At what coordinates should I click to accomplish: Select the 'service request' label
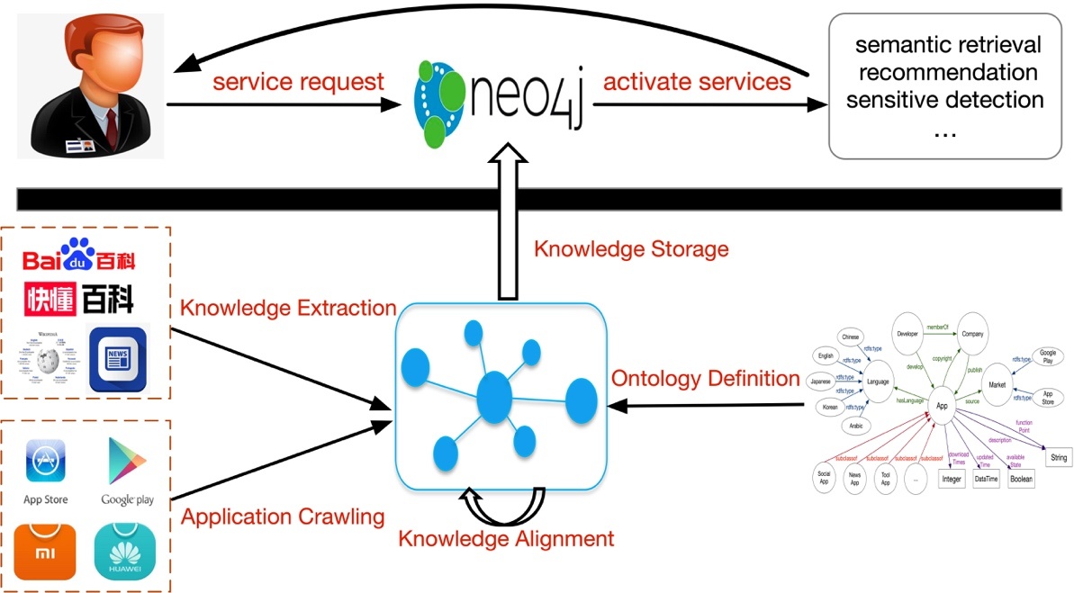coord(298,82)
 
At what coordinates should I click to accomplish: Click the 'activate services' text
coord(697,82)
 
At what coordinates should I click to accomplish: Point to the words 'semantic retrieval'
coord(947,45)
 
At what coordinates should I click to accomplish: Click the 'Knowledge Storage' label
coord(631,248)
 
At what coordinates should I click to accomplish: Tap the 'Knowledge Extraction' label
coord(288,308)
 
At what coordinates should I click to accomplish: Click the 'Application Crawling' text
coord(283,517)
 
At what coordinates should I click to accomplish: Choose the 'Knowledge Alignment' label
coord(506,539)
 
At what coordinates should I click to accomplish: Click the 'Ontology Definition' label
coord(705,378)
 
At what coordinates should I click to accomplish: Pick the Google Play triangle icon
coord(127,460)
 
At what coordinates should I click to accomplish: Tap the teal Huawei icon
coord(125,552)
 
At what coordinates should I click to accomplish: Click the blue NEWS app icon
coord(117,357)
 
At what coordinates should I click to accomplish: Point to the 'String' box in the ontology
coord(1058,458)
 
